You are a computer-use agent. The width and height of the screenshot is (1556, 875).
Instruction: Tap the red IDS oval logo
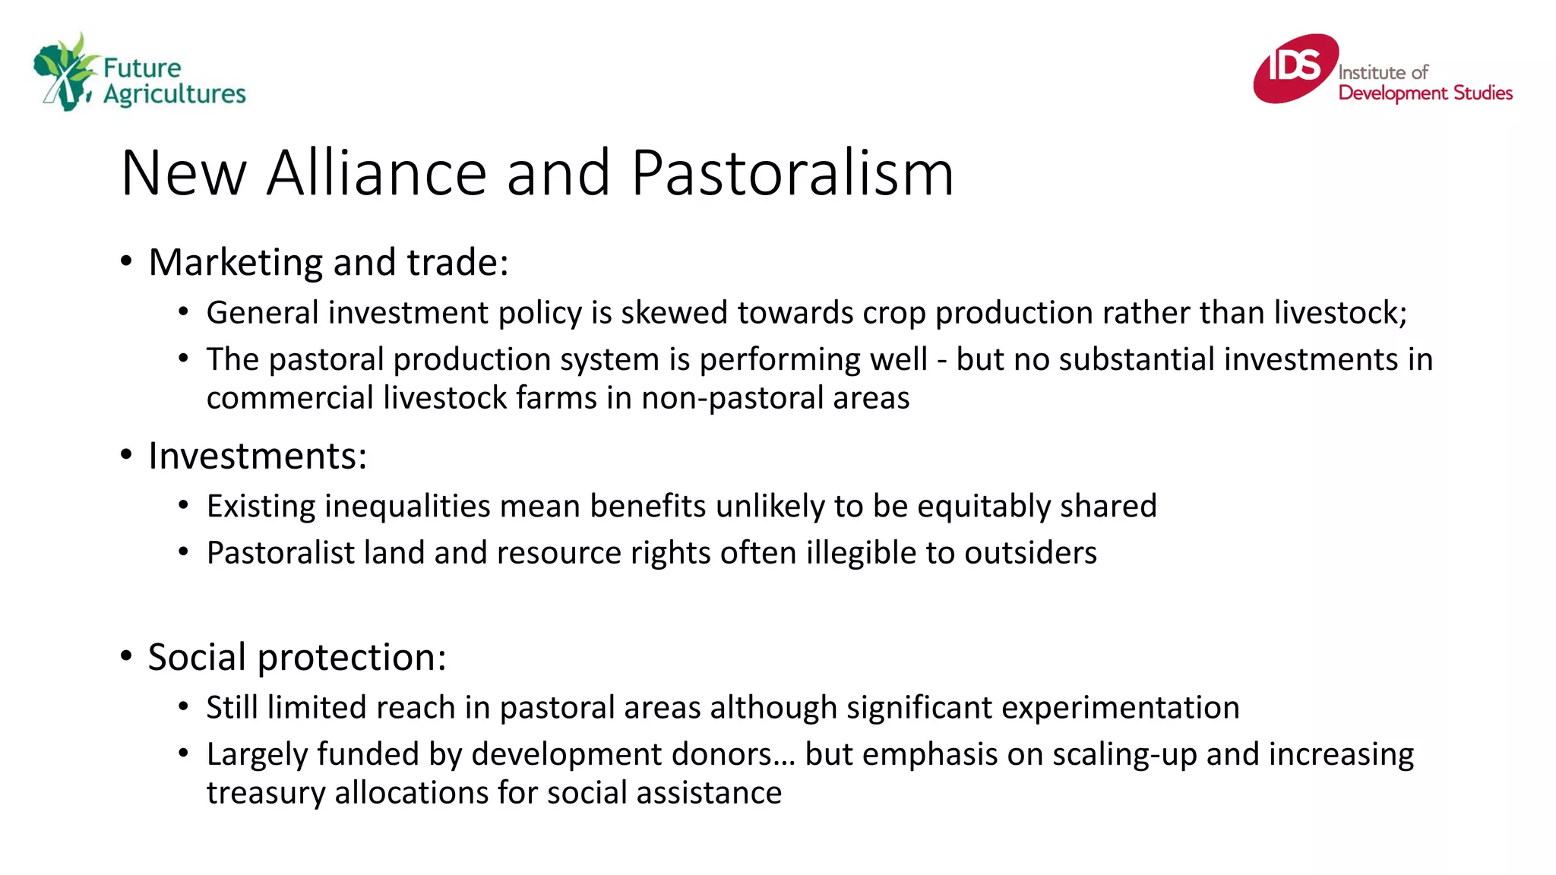[1295, 68]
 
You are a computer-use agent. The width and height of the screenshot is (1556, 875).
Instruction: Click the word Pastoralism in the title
[792, 173]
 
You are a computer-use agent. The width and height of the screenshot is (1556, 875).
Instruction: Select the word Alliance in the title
[376, 173]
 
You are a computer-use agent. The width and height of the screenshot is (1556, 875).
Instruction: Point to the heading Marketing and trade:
[328, 263]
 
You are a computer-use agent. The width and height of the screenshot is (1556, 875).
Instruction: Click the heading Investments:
[258, 456]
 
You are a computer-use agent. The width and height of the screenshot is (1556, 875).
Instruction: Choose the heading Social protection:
[297, 658]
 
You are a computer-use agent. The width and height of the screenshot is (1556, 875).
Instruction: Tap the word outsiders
[1030, 553]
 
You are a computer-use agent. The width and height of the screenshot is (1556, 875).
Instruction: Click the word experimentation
[1120, 708]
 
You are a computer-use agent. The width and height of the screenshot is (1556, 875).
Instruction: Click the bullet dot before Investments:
[127, 456]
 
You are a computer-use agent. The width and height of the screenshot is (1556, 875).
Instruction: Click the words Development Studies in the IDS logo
[1425, 93]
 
